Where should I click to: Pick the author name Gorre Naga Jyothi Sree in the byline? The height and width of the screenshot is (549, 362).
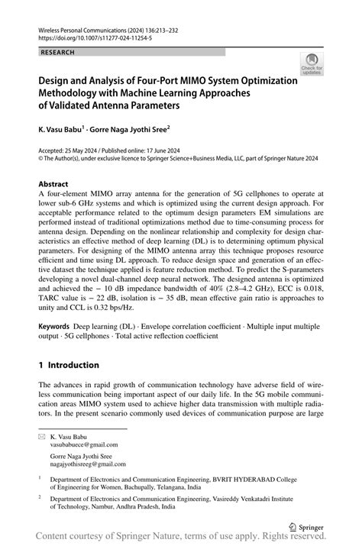point(131,130)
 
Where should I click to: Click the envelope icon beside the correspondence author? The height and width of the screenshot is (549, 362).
point(42,434)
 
